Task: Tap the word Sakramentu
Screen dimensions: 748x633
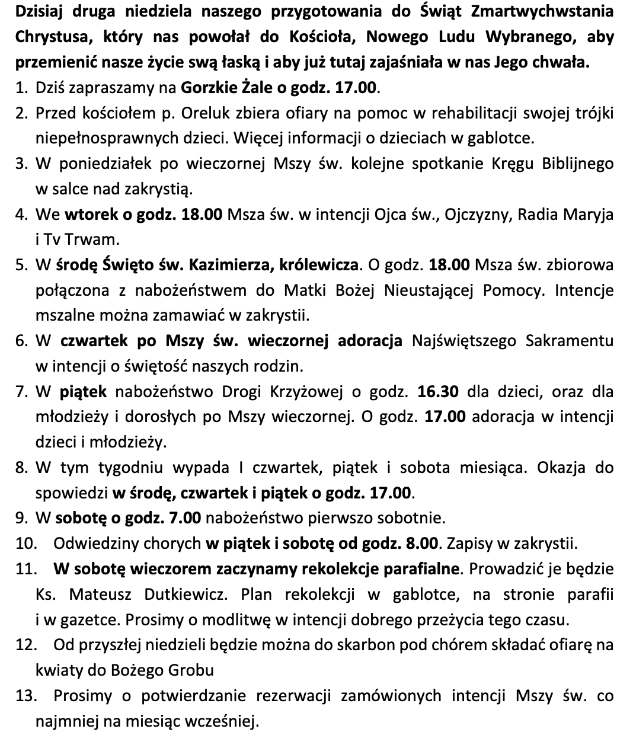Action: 570,341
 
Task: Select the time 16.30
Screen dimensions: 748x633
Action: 439,392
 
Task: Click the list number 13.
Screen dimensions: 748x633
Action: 24,696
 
